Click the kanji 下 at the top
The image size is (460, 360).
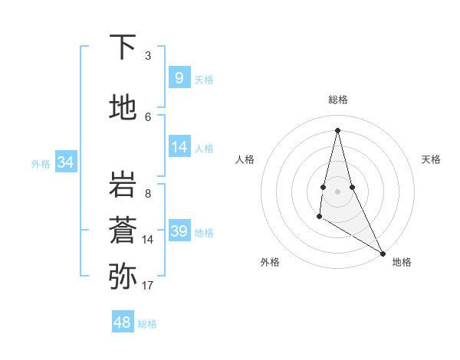pyautogui.click(x=123, y=47)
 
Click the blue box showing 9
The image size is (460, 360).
pyautogui.click(x=179, y=77)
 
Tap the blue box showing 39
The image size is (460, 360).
pyautogui.click(x=179, y=231)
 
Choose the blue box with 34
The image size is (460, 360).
pyautogui.click(x=66, y=162)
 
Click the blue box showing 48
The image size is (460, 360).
pyautogui.click(x=123, y=322)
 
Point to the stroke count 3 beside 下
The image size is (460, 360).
pyautogui.click(x=148, y=55)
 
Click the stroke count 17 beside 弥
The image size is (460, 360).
pyautogui.click(x=148, y=286)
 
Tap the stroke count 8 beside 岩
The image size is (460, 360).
pyautogui.click(x=148, y=193)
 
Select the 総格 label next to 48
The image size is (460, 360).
pyautogui.click(x=148, y=324)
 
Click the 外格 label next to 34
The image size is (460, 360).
pyautogui.click(x=41, y=163)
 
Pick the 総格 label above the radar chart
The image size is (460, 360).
pyautogui.click(x=338, y=100)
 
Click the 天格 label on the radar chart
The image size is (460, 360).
pyautogui.click(x=432, y=159)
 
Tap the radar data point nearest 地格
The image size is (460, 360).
pyautogui.click(x=383, y=254)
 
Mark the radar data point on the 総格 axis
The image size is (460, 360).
pyautogui.click(x=337, y=129)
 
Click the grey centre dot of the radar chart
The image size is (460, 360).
pyautogui.click(x=337, y=190)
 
